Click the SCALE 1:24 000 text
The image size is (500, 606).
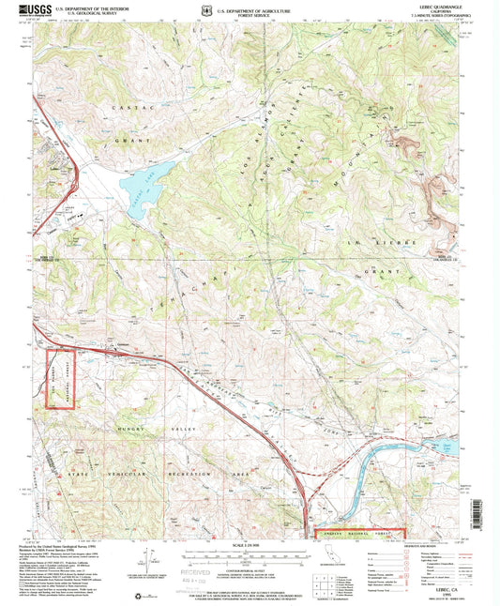pyautogui.click(x=250, y=545)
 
